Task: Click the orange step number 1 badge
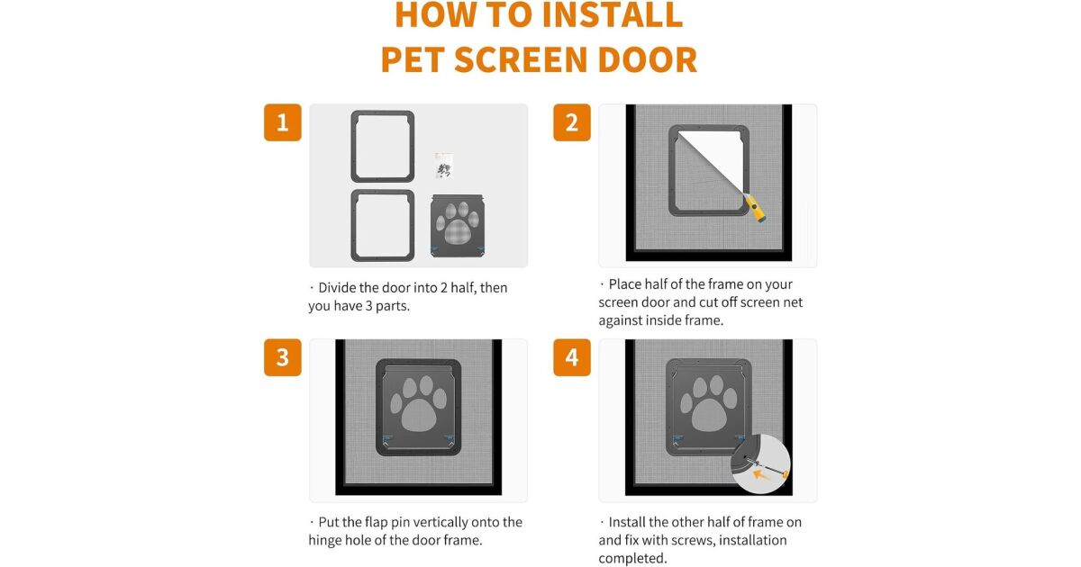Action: point(282,122)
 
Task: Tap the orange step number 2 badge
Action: point(572,122)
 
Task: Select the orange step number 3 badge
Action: point(282,357)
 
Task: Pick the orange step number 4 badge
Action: point(572,357)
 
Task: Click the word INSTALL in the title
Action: point(613,15)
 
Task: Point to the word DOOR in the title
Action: point(647,59)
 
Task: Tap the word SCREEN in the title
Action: point(521,59)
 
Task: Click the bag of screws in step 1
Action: point(443,166)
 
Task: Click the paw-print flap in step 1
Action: point(458,226)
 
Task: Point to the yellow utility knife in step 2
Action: point(755,208)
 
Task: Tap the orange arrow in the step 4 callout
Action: point(762,475)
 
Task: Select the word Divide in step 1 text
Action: point(337,288)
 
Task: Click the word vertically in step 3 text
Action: point(441,523)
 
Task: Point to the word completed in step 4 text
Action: point(632,558)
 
